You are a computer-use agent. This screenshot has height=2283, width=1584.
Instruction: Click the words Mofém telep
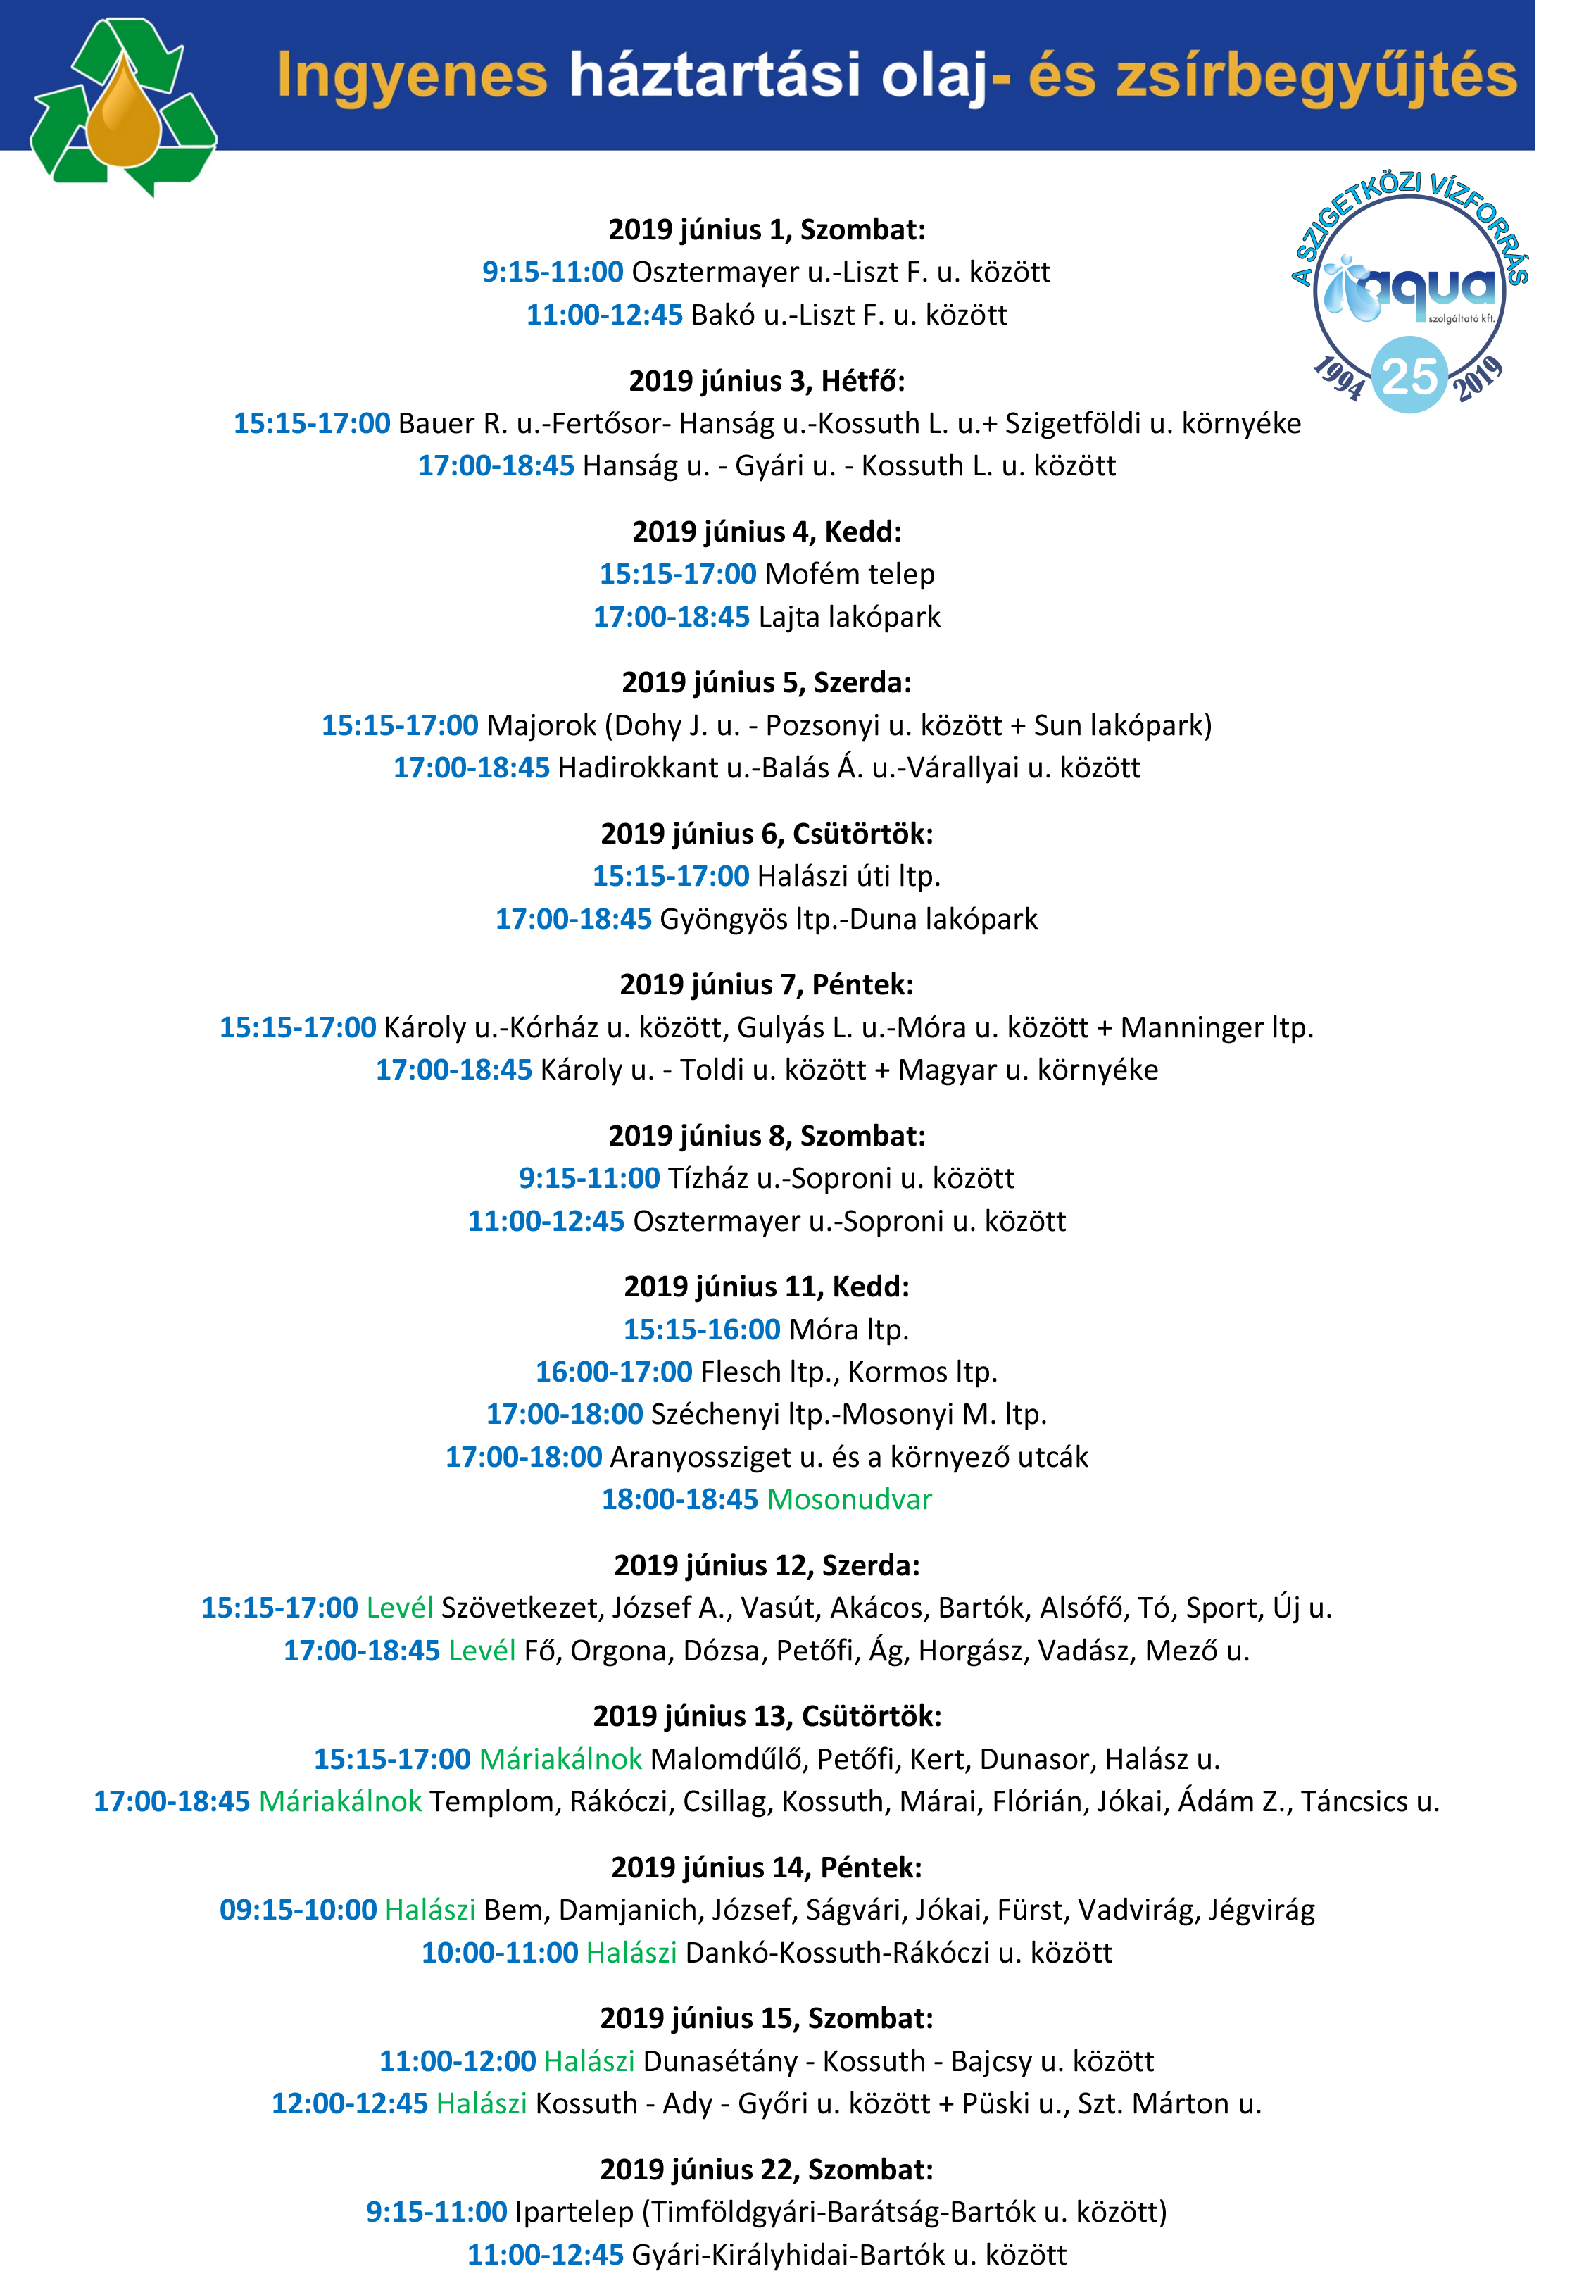(850, 574)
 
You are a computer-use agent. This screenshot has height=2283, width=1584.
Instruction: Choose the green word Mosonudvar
(850, 1499)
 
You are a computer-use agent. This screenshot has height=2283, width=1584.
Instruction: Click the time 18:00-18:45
(680, 1499)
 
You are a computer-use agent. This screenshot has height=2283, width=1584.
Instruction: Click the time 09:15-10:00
(298, 1910)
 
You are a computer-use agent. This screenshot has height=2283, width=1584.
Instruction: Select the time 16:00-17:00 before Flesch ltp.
(613, 1372)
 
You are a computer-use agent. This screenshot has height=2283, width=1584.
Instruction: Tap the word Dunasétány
(719, 2060)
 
